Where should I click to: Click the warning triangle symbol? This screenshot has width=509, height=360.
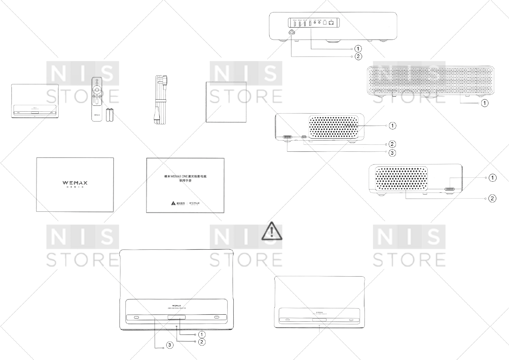(272, 231)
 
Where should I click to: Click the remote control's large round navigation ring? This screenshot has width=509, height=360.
(97, 90)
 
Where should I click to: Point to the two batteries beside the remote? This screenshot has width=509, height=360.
(110, 115)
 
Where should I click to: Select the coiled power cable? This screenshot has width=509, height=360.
(160, 100)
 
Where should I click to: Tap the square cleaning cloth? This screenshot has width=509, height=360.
(226, 102)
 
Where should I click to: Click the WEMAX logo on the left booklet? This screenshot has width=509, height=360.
(75, 183)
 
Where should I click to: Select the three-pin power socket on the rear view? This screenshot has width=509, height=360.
(291, 33)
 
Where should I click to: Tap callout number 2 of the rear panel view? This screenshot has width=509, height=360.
(358, 56)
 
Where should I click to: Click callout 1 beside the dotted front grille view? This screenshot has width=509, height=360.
(485, 103)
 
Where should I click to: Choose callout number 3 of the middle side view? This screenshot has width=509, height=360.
(392, 153)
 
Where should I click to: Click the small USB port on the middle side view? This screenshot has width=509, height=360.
(304, 138)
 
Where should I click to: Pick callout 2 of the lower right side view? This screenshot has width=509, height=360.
(492, 198)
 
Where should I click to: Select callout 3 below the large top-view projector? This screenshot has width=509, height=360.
(170, 345)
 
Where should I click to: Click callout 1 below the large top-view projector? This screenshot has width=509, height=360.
(202, 334)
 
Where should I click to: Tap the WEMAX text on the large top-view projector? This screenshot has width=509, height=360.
(177, 306)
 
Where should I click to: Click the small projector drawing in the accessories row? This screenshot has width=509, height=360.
(35, 101)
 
